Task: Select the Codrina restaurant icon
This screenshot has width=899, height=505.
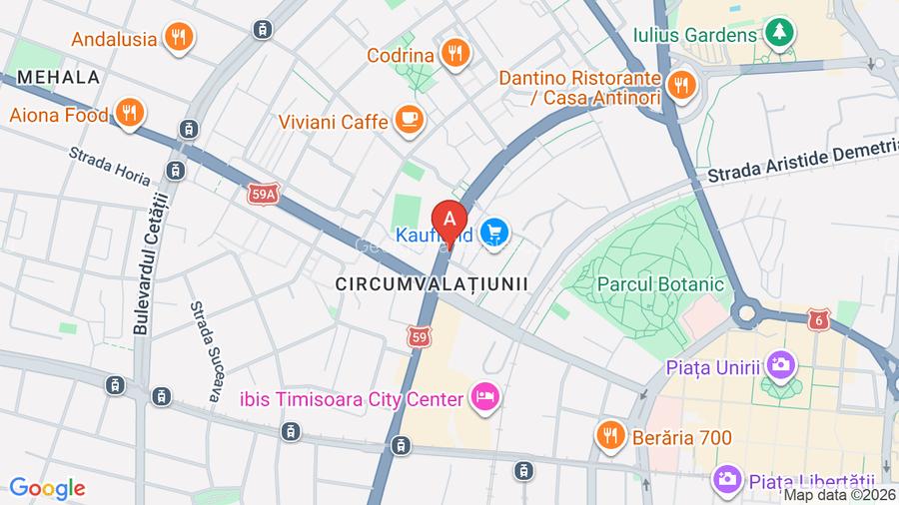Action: tap(455, 54)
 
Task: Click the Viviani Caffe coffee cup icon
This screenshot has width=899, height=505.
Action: tap(410, 121)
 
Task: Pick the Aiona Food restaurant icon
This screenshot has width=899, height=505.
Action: tap(128, 114)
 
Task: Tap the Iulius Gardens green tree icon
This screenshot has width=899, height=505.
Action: tap(779, 35)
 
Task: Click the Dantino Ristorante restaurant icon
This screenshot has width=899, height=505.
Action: tap(683, 86)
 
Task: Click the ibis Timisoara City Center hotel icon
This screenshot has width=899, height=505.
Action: tap(485, 398)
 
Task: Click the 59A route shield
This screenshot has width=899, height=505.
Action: tap(262, 198)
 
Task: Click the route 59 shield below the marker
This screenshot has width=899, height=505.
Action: tap(421, 339)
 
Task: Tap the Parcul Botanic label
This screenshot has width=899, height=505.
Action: tap(660, 283)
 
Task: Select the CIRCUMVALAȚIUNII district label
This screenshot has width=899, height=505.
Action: tap(432, 283)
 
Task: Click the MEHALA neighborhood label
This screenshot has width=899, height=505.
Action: tap(59, 77)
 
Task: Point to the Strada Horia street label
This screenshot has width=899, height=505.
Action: tap(110, 166)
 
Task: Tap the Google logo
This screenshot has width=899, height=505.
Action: tap(47, 488)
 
